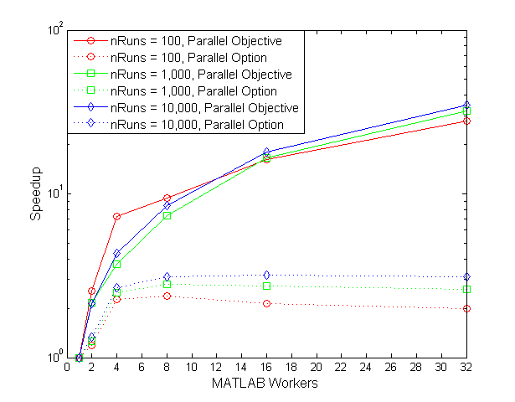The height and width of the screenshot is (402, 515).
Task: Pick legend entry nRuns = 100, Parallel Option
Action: point(188,57)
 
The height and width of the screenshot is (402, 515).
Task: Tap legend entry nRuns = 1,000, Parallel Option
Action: point(193,90)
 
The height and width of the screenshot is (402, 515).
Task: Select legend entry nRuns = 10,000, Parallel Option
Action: point(196,125)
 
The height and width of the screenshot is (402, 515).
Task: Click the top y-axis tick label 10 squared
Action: point(54,31)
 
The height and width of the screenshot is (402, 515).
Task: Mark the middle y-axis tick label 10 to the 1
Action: point(54,194)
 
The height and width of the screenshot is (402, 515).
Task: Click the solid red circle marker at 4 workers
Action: point(117,216)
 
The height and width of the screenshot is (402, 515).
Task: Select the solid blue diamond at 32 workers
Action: point(466,106)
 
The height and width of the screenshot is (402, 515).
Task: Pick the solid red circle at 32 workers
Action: point(466,121)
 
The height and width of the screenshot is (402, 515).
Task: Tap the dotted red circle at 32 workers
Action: point(466,308)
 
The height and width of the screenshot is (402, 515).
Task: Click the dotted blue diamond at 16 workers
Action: point(267,275)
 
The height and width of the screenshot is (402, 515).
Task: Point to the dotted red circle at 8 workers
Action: point(167,296)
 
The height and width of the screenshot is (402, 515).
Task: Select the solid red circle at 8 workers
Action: point(167,198)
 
